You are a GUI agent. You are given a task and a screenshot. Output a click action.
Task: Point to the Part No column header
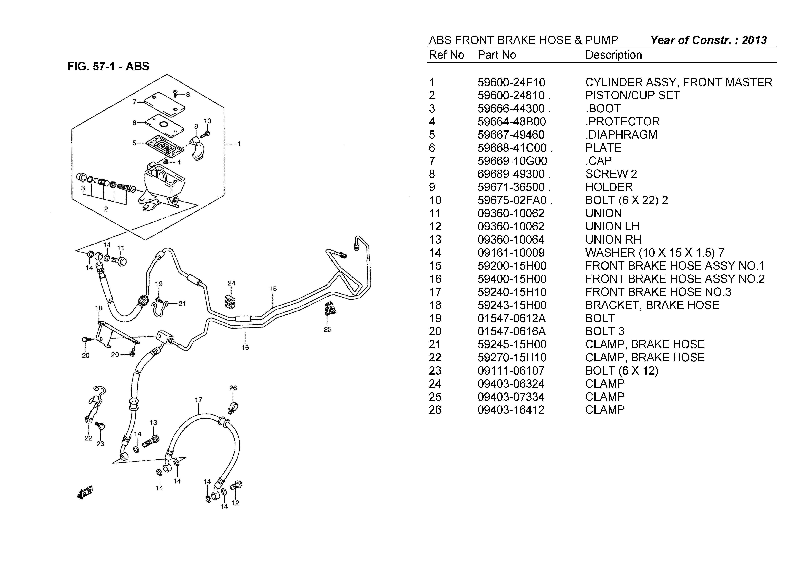point(497,55)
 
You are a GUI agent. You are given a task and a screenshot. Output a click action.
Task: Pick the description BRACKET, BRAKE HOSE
point(652,305)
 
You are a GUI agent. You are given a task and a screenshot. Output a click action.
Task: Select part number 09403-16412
point(511,410)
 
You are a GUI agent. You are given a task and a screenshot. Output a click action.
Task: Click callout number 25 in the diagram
point(327,329)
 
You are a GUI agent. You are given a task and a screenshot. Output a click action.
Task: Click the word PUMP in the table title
point(601,40)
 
